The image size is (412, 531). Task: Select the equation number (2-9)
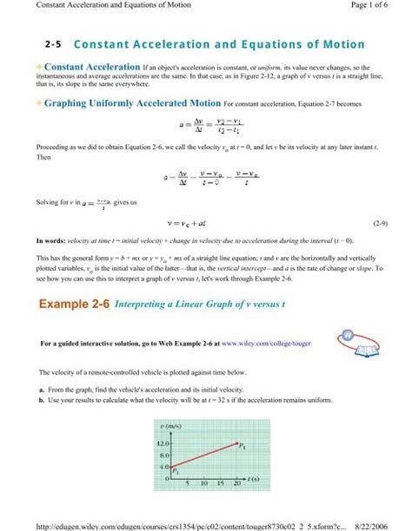click(x=379, y=223)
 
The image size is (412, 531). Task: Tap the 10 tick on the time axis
click(x=207, y=483)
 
